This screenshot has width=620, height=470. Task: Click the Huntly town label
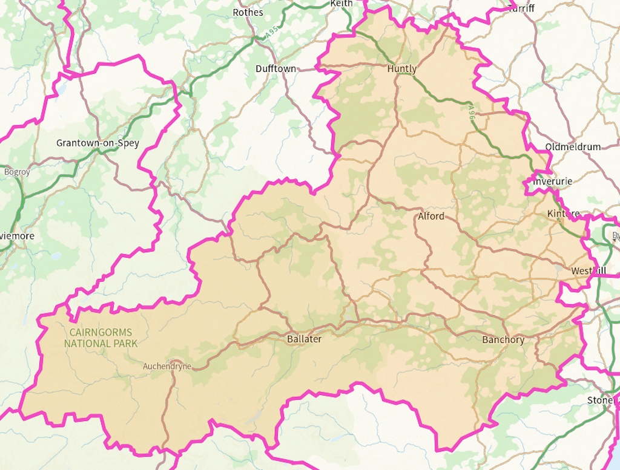402,69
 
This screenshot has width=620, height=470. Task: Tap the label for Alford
431,216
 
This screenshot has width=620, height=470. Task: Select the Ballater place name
304,339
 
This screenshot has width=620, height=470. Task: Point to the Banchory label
503,340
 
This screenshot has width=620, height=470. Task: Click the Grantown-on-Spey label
97,143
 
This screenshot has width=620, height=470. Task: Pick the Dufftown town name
276,69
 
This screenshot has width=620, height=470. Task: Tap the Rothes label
248,12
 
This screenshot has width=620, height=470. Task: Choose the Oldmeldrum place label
573,147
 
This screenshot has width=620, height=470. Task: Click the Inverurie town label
553,181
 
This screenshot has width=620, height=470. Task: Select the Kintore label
563,214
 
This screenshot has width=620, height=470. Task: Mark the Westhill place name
587,271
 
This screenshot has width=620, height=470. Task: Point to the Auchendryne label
167,366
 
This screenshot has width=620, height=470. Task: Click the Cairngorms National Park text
100,338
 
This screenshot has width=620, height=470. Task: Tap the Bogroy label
17,172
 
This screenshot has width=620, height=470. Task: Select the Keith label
341,4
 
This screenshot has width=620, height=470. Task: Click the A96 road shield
472,111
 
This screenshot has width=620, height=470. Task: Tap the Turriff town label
521,8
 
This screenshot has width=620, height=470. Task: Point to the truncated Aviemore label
17,236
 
